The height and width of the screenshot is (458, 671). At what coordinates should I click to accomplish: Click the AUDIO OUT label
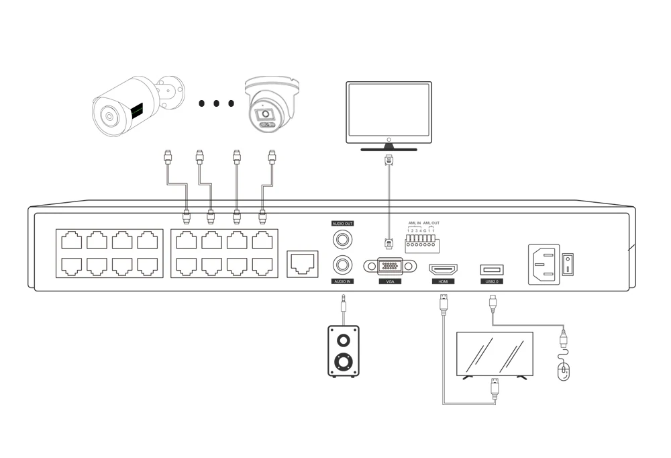coord(342,224)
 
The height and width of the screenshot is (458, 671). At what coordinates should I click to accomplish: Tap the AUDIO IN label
coord(342,281)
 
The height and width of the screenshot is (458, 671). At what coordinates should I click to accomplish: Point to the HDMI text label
coord(443,281)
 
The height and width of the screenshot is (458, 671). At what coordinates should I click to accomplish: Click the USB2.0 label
coord(492,281)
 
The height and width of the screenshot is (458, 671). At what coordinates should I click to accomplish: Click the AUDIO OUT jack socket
coord(343,238)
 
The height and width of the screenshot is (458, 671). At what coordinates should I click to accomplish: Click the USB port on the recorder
coord(492,269)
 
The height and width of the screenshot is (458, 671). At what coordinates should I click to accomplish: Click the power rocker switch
coord(568,264)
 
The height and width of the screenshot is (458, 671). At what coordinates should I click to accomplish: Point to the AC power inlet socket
coord(544,264)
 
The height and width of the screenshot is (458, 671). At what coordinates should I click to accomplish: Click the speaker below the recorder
coord(343,351)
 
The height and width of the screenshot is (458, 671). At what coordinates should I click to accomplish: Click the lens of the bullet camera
coord(107,116)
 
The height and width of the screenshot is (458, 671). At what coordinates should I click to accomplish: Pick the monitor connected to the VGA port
coord(389,112)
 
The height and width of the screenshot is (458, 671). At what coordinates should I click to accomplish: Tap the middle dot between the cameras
coord(216,104)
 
